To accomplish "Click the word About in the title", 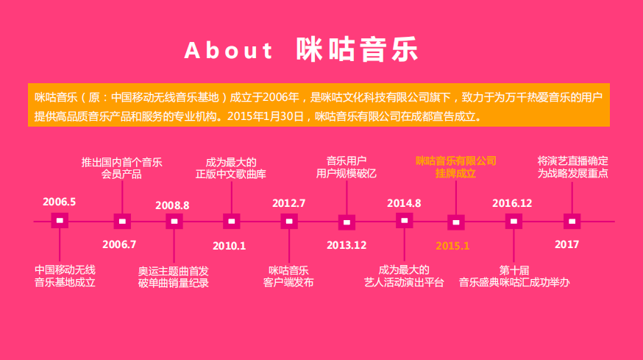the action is click(228, 51).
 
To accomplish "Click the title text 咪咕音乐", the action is click(357, 49).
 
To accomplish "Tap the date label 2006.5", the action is click(60, 202).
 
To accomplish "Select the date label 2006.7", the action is click(119, 244).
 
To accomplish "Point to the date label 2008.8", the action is click(172, 205).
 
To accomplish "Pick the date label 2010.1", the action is click(230, 246).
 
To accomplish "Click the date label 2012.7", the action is click(288, 203).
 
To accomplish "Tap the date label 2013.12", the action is click(347, 245).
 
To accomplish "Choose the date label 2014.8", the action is click(404, 203).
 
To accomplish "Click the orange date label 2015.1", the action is click(452, 246).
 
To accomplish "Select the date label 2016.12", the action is click(512, 203).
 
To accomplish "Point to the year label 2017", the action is click(566, 244).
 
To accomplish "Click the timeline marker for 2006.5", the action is click(60, 221).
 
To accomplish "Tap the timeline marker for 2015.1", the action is click(456, 222).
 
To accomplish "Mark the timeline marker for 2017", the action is click(572, 222).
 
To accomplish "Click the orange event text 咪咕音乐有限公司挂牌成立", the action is click(456, 167).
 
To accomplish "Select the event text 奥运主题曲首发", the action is click(174, 272).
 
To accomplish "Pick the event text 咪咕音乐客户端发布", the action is click(288, 276).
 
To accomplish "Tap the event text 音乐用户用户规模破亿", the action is click(347, 167).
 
